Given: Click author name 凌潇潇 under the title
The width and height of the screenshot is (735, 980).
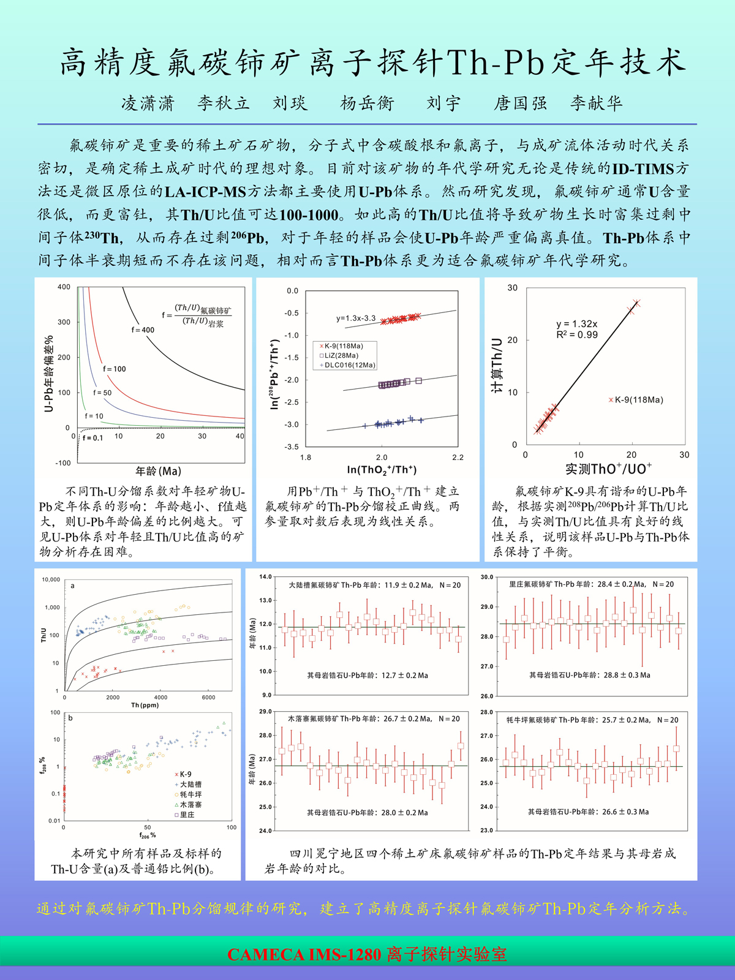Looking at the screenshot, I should tap(148, 103).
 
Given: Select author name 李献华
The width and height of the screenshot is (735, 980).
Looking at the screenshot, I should tap(596, 103).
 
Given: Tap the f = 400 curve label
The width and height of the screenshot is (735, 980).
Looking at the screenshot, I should tap(143, 330).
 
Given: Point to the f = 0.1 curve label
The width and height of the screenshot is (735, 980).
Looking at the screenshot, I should tap(92, 438).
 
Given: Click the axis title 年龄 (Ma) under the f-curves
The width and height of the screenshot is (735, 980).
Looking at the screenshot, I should tap(158, 471).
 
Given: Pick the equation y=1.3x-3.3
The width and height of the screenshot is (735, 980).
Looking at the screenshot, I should tap(356, 318).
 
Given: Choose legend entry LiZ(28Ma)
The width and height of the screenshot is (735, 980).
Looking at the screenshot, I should tap(342, 355).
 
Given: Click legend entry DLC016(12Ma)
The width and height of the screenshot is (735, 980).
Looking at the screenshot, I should tap(347, 365).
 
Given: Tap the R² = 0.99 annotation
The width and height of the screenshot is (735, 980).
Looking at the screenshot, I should tap(577, 334).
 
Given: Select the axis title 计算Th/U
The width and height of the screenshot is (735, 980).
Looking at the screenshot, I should tap(497, 366).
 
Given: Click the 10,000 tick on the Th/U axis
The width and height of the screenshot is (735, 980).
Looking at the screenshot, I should tap(51, 579).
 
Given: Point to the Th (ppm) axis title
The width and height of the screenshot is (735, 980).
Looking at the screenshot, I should tap(145, 705).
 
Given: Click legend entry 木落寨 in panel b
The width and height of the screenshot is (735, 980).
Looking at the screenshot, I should tap(190, 805).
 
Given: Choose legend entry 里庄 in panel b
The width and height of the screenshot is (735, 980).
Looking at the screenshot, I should tap(187, 815).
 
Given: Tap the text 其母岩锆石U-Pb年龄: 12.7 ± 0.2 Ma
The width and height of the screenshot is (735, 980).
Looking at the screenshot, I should tap(367, 676).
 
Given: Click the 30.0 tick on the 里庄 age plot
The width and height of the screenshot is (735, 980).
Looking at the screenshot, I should tap(486, 577).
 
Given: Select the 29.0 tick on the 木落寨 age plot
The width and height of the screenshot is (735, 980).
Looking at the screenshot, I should tap(265, 712).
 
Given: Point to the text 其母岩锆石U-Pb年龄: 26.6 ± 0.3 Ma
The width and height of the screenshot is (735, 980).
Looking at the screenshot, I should tap(588, 812).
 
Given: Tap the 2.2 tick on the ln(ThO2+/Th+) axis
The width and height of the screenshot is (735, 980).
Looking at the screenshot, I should tap(458, 458).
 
